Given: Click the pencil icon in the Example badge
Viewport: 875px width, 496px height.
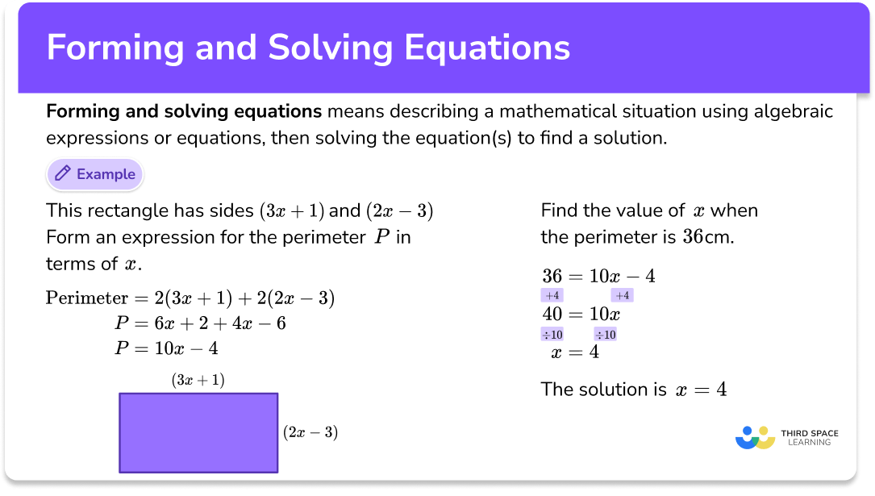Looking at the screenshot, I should [62, 174].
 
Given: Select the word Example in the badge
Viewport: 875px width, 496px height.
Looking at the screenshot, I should [106, 174].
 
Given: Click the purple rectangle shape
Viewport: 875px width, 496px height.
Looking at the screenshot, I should [198, 432].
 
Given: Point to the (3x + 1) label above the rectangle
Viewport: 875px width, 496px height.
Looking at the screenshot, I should [198, 380].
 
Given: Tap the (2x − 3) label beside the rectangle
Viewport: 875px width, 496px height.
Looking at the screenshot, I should [310, 432].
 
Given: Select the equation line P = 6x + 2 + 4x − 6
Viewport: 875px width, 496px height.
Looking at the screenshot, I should [201, 323].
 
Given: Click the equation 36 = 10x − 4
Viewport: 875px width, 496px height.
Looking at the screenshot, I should [598, 277].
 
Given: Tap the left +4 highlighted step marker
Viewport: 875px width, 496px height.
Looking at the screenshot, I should [552, 296].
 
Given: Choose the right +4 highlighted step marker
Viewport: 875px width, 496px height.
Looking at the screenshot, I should [622, 296].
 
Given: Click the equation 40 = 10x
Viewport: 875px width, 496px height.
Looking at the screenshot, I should [581, 315].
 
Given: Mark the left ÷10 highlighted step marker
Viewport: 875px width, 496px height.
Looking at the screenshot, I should [552, 335].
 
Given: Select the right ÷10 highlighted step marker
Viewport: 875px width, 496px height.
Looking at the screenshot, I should [606, 335].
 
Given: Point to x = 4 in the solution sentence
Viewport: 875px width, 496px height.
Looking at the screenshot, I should [701, 390].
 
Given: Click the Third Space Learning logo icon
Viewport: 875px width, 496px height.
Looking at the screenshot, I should [755, 437].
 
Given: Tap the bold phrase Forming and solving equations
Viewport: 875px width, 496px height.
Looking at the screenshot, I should [184, 111].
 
